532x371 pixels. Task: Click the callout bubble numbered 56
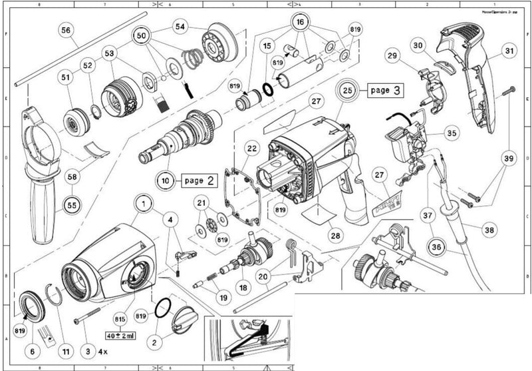[x=65, y=30]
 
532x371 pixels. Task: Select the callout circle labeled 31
[x=509, y=51]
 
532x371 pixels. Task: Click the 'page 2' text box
[x=198, y=180]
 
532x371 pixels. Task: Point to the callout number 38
[x=489, y=230]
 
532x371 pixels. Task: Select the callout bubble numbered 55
[x=71, y=204]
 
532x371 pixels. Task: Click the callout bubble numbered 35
[x=452, y=133]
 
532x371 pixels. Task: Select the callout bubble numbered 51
[x=65, y=78]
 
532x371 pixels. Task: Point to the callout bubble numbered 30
[x=436, y=45]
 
